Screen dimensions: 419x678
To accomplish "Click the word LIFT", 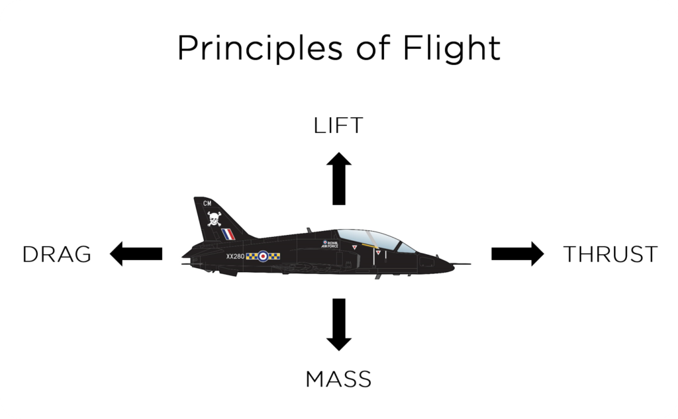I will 338,126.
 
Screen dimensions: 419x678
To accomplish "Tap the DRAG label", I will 57,254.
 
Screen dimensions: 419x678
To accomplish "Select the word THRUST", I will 610,254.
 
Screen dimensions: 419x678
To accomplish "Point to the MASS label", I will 338,379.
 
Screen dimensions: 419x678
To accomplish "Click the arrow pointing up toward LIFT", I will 338,177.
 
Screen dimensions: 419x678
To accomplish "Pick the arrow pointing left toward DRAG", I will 136,253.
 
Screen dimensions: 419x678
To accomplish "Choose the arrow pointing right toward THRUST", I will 517,253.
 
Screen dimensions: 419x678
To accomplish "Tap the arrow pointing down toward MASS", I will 338,324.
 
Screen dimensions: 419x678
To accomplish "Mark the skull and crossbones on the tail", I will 214,218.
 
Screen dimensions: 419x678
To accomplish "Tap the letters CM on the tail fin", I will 207,202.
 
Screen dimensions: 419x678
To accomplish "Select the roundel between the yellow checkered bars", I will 263,256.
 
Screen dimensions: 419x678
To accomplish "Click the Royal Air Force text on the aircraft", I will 330,244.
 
